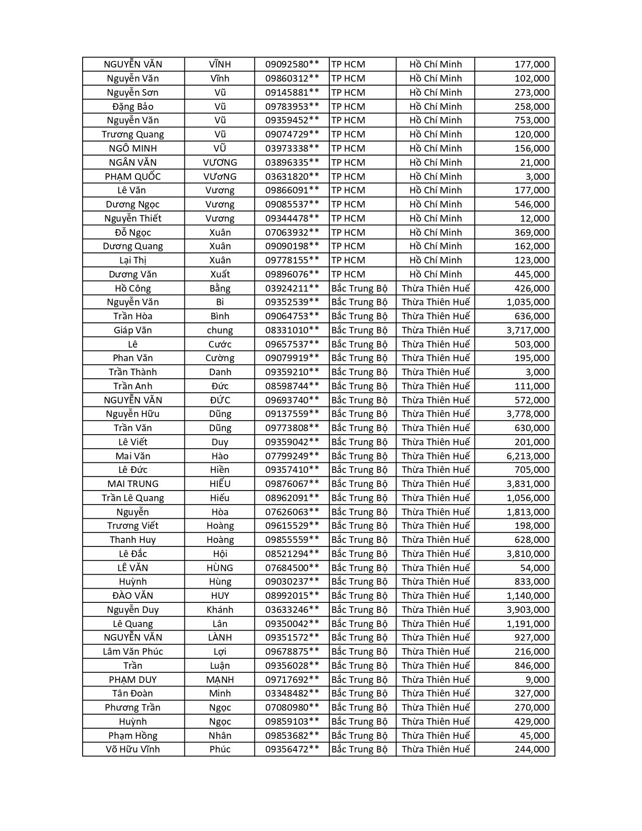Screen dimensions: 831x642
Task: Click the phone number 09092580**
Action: pyautogui.click(x=292, y=64)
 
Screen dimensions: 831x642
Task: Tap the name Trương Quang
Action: pyautogui.click(x=133, y=134)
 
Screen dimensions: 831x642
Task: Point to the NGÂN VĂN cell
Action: pyautogui.click(x=133, y=163)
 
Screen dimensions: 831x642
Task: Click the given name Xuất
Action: pyautogui.click(x=220, y=274)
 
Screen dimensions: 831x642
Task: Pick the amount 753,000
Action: pyautogui.click(x=532, y=120)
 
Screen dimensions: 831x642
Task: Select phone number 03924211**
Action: pyautogui.click(x=292, y=289)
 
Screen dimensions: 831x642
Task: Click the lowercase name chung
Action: pyautogui.click(x=220, y=330)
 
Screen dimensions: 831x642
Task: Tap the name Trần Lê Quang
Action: pyautogui.click(x=133, y=498)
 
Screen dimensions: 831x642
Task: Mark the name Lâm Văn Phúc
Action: pyautogui.click(x=133, y=652)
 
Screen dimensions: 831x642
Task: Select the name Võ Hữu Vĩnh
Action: pyautogui.click(x=133, y=749)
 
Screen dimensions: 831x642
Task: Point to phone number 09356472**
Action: pyautogui.click(x=292, y=749)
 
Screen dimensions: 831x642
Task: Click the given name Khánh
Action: pyautogui.click(x=220, y=610)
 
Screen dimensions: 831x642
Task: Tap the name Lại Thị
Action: pyautogui.click(x=133, y=260)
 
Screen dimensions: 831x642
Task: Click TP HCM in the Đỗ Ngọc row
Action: pyautogui.click(x=348, y=233)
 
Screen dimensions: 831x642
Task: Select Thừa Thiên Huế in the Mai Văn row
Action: pyautogui.click(x=436, y=456)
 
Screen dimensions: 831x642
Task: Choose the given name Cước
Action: pyautogui.click(x=220, y=344)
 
